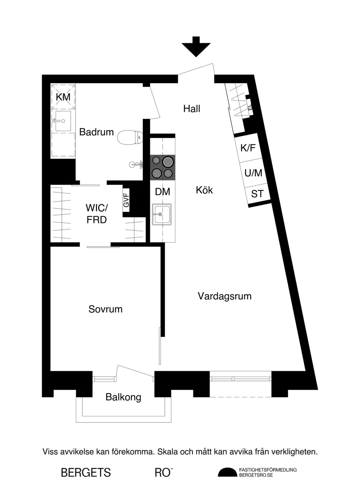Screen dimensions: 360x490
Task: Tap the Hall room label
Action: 192,109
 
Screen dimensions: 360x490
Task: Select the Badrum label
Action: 97,132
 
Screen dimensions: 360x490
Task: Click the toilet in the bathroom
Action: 130,137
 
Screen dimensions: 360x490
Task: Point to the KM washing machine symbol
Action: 63,97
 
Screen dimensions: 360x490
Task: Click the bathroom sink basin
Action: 63,121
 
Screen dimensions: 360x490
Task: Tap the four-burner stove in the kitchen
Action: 162,168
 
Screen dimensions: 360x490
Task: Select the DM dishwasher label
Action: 162,192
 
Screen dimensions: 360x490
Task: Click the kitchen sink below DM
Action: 162,214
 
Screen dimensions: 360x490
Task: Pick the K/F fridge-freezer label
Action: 248,148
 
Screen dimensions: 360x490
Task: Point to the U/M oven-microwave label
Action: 253,173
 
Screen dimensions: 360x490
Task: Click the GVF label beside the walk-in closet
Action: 126,200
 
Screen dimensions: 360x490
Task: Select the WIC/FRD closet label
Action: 97,214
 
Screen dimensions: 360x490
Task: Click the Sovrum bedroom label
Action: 105,309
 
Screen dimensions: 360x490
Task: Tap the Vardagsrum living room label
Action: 225,296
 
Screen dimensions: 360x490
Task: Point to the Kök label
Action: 204,190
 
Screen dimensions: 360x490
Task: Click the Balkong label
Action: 123,397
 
